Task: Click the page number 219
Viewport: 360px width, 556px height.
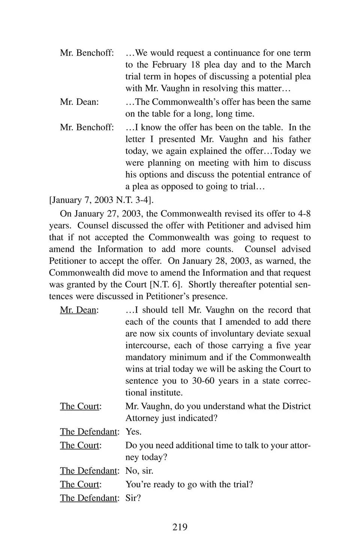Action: point(180,527)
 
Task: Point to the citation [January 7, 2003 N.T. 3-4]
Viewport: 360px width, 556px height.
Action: point(101,200)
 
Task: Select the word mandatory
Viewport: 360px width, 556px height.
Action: point(145,357)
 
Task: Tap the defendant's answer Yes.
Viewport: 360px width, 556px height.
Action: point(133,432)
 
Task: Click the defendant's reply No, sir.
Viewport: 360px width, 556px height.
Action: point(139,471)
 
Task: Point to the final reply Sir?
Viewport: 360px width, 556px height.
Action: point(133,498)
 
